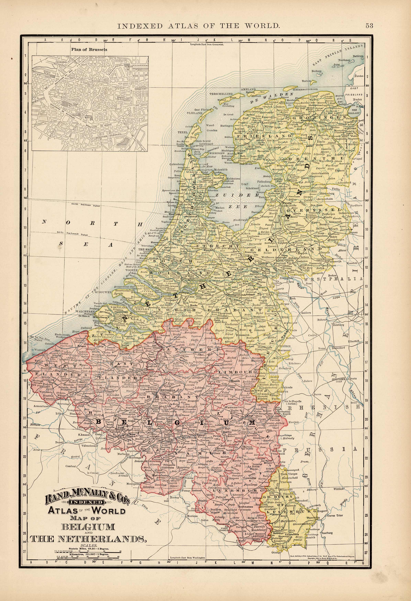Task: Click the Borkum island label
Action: tap(316, 71)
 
